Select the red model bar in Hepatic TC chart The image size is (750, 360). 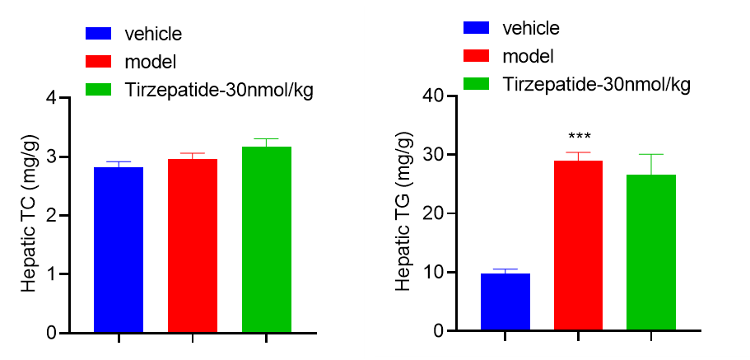click(x=192, y=246)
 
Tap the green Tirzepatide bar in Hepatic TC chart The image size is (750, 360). click(x=266, y=240)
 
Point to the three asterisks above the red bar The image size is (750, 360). click(x=578, y=137)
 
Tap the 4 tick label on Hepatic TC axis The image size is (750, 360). click(x=52, y=98)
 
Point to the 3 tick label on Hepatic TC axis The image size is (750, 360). click(x=52, y=157)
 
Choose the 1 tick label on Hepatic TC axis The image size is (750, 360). click(x=52, y=274)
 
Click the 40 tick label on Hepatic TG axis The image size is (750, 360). click(x=432, y=96)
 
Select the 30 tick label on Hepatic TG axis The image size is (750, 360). click(x=432, y=155)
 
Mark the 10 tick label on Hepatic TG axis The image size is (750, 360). click(x=432, y=273)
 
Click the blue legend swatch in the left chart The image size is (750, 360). click(x=99, y=34)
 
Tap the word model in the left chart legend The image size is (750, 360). click(x=151, y=62)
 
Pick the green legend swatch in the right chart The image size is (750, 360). click(x=477, y=84)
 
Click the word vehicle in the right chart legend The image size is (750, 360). click(x=531, y=28)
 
